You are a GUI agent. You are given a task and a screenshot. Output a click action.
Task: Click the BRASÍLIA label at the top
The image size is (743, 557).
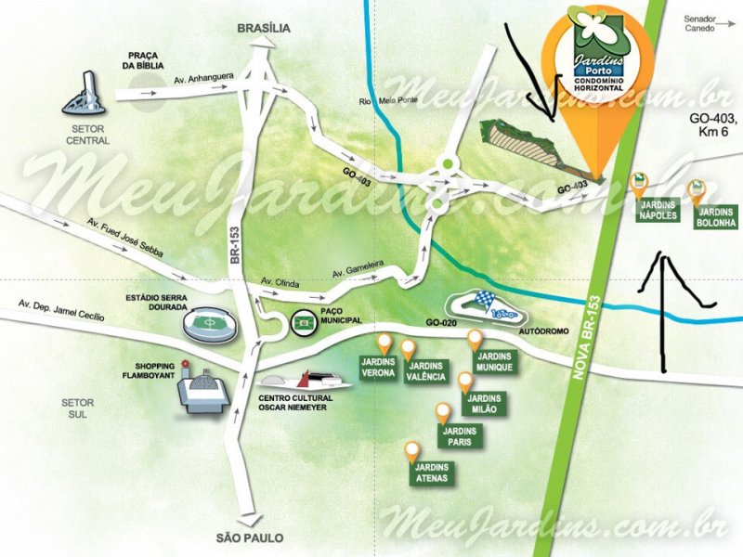click(264, 28)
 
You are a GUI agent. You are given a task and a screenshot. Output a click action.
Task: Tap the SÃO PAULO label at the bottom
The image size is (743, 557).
click(249, 538)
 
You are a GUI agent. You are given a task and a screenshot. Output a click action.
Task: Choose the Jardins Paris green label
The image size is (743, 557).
click(460, 436)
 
